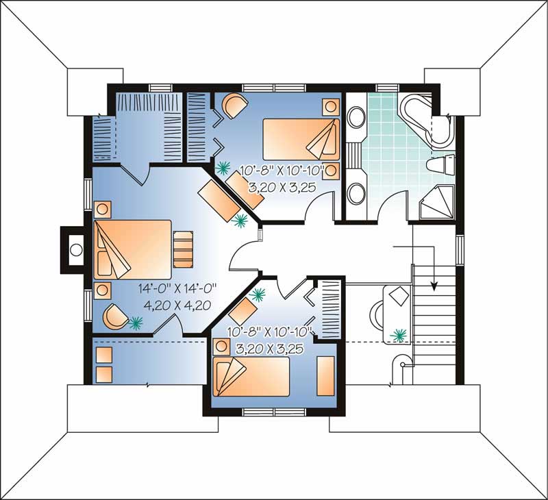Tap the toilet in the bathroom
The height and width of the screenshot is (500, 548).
point(439,165)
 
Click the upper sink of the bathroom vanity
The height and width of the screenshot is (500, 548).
point(356,121)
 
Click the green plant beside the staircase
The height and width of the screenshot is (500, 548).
point(397,336)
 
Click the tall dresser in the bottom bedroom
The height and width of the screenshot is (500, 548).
point(325,376)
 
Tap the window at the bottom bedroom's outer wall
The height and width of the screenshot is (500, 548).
point(270,411)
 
